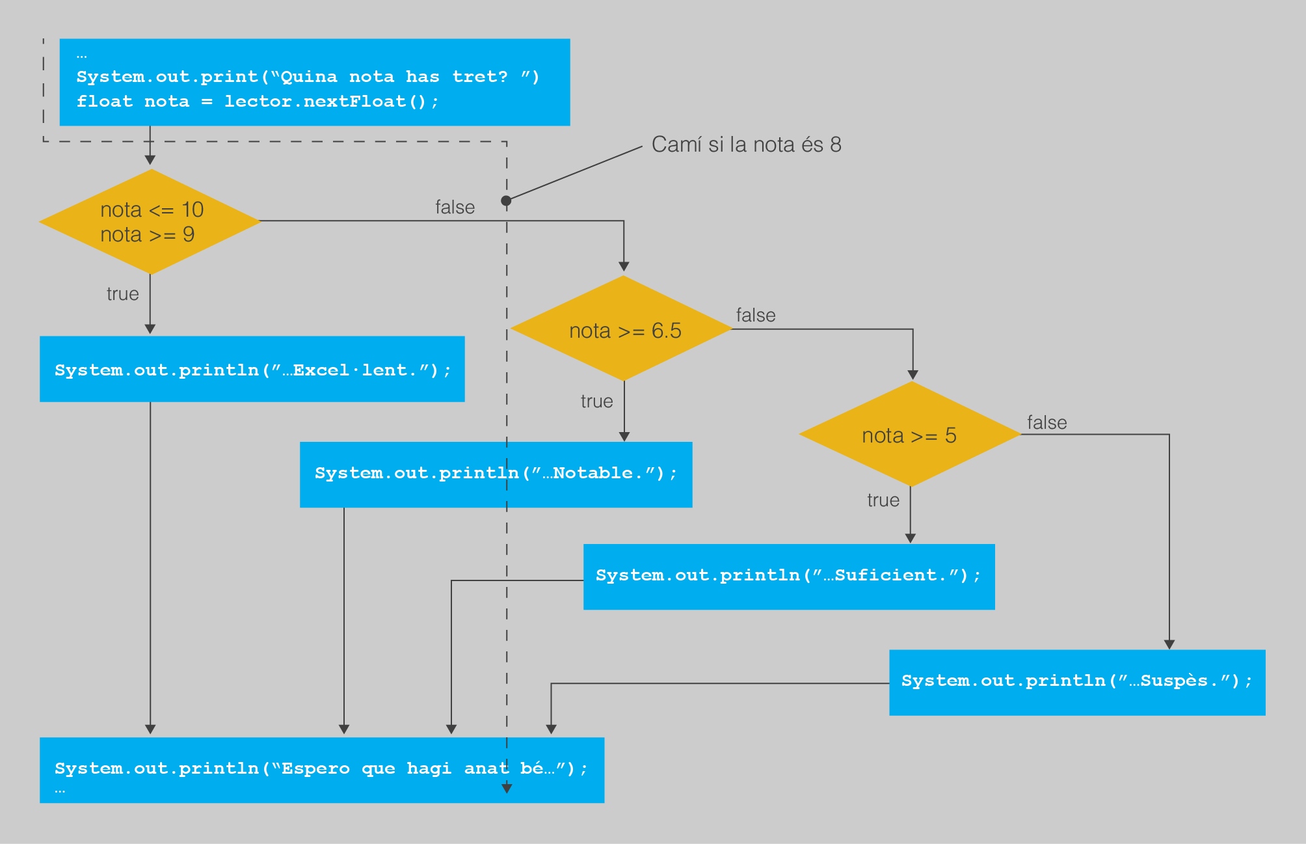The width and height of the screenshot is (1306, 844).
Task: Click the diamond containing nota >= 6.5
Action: click(622, 329)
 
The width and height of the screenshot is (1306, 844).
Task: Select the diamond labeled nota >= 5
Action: click(911, 434)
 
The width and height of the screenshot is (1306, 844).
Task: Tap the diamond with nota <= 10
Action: click(150, 221)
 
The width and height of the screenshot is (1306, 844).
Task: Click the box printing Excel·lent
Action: click(252, 369)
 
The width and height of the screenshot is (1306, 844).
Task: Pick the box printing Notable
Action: click(496, 474)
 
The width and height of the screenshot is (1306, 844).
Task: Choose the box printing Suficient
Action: click(789, 577)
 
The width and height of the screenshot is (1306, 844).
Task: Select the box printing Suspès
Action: click(1077, 683)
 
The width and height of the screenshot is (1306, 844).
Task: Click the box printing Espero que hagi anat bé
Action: click(322, 770)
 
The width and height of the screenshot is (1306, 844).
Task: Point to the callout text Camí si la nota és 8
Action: click(747, 144)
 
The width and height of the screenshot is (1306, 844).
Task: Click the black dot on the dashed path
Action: click(506, 201)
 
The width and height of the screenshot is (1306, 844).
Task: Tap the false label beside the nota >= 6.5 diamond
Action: click(756, 316)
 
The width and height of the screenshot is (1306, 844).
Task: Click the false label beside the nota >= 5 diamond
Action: click(1047, 423)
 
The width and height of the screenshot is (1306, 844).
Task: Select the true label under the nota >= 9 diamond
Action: click(123, 294)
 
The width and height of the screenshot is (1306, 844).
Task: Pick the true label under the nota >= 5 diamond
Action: click(883, 500)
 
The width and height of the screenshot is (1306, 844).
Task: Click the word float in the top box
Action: click(105, 102)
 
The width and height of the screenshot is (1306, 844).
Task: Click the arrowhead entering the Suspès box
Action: click(1169, 645)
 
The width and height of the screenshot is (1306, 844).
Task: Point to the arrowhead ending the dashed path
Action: click(507, 789)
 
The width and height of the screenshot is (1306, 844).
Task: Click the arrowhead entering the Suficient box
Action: click(911, 539)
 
